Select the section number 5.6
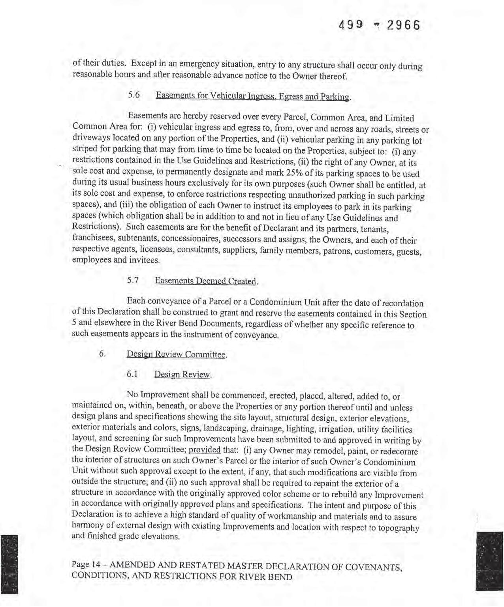pyautogui.click(x=134, y=96)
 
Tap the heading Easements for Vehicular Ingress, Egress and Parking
pyautogui.click(x=253, y=96)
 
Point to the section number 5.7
pyautogui.click(x=133, y=280)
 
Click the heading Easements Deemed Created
pyautogui.click(x=206, y=281)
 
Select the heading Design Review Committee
pyautogui.click(x=177, y=354)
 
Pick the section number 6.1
pyautogui.click(x=132, y=374)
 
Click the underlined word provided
pyautogui.click(x=205, y=450)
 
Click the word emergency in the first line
pyautogui.click(x=197, y=64)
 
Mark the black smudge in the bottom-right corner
pyautogui.click(x=489, y=560)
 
